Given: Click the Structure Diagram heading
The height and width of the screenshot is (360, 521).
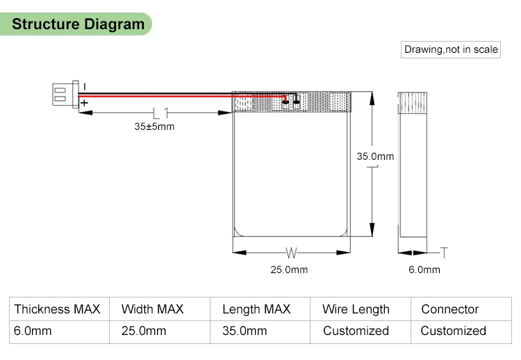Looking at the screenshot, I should [78, 24].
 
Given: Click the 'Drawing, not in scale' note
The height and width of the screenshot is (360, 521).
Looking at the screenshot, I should [452, 49].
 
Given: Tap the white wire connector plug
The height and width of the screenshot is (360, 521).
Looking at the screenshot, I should [62, 94].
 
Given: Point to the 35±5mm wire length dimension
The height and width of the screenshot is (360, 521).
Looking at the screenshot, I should [154, 126].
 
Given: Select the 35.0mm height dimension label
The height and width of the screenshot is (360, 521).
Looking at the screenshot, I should [375, 156].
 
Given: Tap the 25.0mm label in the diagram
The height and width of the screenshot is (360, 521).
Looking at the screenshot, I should [289, 270].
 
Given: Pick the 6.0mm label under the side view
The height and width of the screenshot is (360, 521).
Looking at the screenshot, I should [424, 270].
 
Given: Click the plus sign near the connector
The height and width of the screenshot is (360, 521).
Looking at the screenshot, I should [83, 104].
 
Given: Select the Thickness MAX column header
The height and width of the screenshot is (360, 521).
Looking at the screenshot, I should [58, 309].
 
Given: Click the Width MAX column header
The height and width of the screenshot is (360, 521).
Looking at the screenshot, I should [152, 309].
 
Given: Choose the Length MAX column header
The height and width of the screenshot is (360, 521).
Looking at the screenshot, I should [256, 309].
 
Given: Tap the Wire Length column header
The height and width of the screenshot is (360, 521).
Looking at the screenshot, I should [356, 309].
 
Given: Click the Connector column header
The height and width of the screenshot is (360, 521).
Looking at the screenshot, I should [450, 309].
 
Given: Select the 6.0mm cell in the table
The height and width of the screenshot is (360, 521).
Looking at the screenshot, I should [33, 331].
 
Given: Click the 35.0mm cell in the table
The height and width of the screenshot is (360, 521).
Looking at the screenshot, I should [245, 331].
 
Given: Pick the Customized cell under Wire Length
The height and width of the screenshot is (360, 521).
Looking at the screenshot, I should [356, 331].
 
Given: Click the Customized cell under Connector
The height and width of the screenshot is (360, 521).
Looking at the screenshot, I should [453, 331].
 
